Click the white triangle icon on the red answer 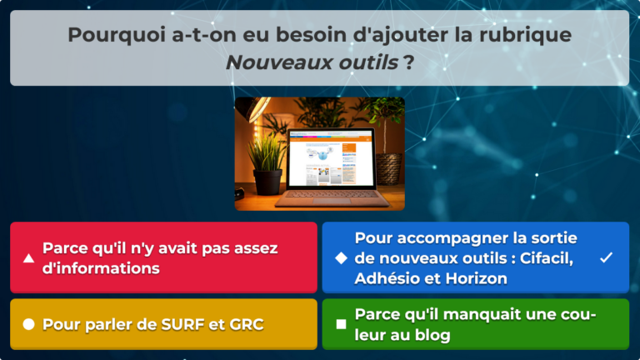click(28, 258)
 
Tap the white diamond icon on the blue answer click(340, 258)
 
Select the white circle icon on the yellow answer click(28, 324)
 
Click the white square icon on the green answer click(340, 324)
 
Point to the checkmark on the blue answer click(606, 258)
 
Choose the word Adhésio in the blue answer click(386, 278)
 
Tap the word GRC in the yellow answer click(246, 324)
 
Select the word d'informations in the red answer click(101, 268)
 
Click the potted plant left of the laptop click(266, 162)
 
